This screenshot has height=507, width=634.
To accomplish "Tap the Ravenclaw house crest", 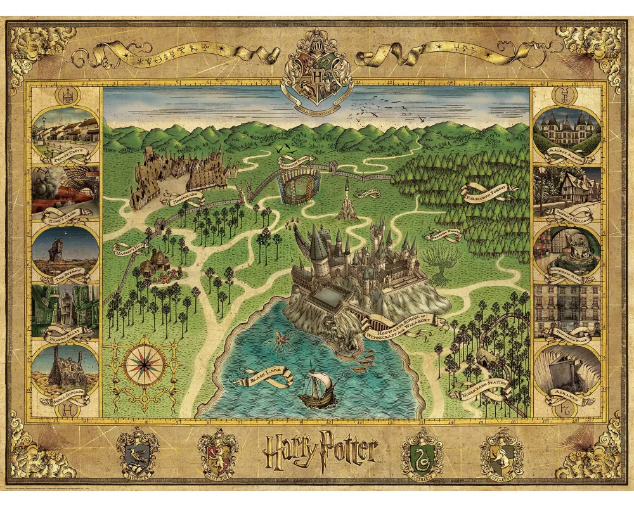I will coord(139,451).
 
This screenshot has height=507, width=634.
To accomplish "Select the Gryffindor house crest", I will coord(218,451).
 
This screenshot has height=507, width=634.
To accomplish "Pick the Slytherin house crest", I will coord(422,451).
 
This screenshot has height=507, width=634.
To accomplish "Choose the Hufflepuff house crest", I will coord(501,451).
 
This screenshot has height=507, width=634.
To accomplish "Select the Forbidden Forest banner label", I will coord(489,192).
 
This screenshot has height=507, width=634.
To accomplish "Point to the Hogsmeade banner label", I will coord(186,198).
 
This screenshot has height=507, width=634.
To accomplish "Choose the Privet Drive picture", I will coord(65,130).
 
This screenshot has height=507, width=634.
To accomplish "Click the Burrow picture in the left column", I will coord(65,250).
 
